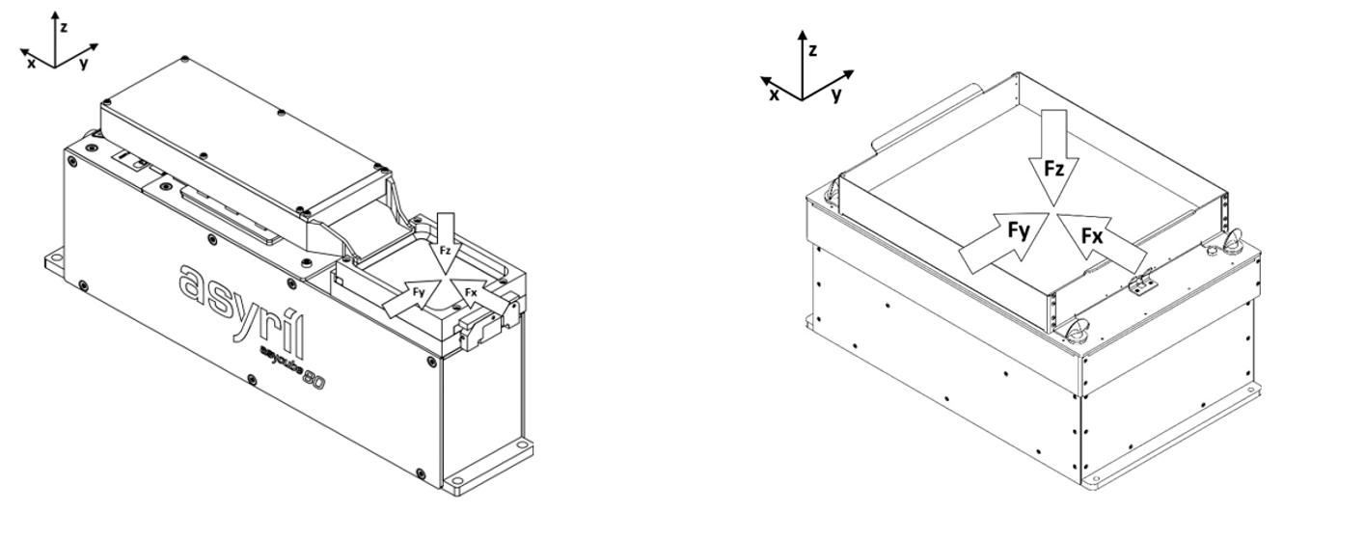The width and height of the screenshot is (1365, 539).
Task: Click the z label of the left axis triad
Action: tap(64, 28)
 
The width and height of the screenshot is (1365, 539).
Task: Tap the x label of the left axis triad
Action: tap(32, 63)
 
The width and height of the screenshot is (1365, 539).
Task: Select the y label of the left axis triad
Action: tap(85, 63)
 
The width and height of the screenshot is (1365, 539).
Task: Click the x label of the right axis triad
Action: tap(775, 94)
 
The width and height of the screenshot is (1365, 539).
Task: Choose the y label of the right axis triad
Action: tap(835, 94)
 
